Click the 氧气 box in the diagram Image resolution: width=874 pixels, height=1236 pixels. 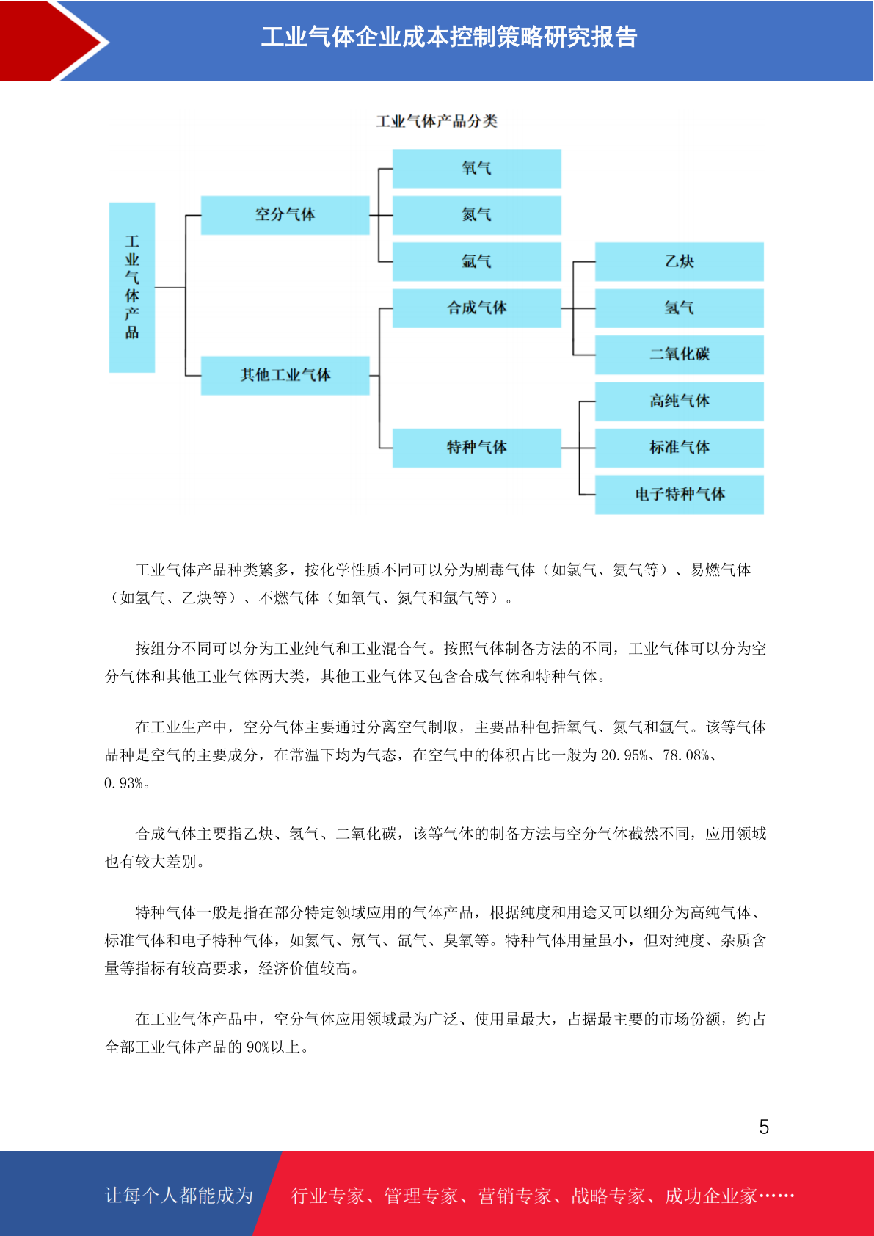pyautogui.click(x=477, y=168)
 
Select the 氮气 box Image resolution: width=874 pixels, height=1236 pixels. pyautogui.click(x=477, y=214)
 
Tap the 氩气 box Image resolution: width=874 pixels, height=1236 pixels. pyautogui.click(x=477, y=261)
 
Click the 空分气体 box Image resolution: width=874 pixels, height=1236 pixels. pyautogui.click(x=285, y=214)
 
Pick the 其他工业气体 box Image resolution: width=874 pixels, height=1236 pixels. pyautogui.click(x=285, y=375)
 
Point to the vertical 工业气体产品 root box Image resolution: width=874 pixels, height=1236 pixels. pyautogui.click(x=132, y=288)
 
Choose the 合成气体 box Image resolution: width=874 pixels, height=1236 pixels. pyautogui.click(x=477, y=308)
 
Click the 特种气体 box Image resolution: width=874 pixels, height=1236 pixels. pyautogui.click(x=477, y=448)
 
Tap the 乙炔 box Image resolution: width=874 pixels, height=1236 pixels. pyautogui.click(x=680, y=261)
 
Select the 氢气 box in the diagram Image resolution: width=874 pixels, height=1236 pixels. pyautogui.click(x=680, y=308)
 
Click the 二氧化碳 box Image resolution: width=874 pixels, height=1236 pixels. pyautogui.click(x=680, y=355)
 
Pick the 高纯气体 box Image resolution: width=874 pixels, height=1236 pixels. pyautogui.click(x=680, y=401)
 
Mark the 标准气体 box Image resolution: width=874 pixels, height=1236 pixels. pyautogui.click(x=680, y=448)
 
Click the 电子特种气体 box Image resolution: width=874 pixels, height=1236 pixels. pyautogui.click(x=680, y=495)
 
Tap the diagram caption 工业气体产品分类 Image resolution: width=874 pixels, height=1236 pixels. pyautogui.click(x=437, y=121)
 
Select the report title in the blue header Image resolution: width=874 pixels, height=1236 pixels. pyautogui.click(x=449, y=37)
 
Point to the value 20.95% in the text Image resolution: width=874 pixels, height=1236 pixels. pyautogui.click(x=624, y=755)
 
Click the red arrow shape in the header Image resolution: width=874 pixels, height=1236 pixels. pyautogui.click(x=50, y=41)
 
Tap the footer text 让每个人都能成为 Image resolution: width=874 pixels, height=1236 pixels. pyautogui.click(x=179, y=1196)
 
